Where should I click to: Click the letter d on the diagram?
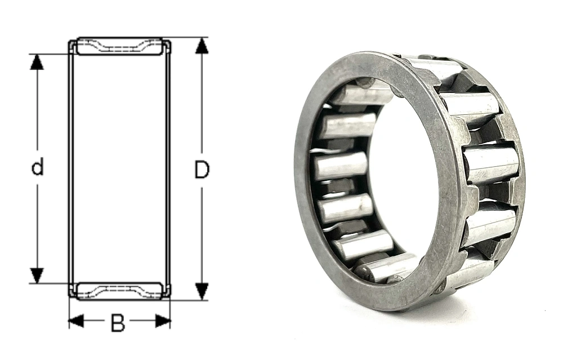pyautogui.click(x=37, y=167)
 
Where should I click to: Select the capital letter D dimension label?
pyautogui.click(x=202, y=169)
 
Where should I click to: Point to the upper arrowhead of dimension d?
pyautogui.click(x=37, y=61)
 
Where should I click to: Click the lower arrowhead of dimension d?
pyautogui.click(x=37, y=275)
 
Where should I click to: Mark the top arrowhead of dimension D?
pyautogui.click(x=202, y=46)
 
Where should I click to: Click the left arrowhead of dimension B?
pyautogui.click(x=75, y=322)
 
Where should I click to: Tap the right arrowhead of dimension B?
pyautogui.click(x=163, y=322)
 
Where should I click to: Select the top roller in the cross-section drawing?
pyautogui.click(x=119, y=46)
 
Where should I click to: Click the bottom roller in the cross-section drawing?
pyautogui.click(x=119, y=290)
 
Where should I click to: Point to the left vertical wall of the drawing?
pyautogui.click(x=71, y=169)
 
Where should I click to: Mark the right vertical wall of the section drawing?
pyautogui.click(x=168, y=169)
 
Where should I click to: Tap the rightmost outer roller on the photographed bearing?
pyautogui.click(x=491, y=164)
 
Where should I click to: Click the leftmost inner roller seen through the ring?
pyautogui.click(x=340, y=166)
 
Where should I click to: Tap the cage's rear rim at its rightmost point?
pyautogui.click(x=521, y=169)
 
